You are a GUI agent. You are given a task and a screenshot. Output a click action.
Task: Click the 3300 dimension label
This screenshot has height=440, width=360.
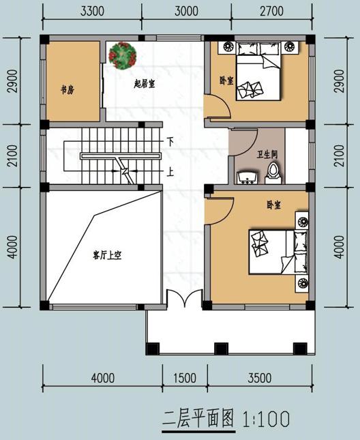[x=92, y=12]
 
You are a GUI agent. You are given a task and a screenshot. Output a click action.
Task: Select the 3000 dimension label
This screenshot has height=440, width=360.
[x=185, y=12]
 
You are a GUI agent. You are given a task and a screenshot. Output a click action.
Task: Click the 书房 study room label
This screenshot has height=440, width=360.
[x=67, y=90]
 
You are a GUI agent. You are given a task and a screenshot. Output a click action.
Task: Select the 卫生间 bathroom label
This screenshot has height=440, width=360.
[x=266, y=155]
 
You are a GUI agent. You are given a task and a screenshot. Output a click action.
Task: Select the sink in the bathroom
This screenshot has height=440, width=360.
[x=247, y=177]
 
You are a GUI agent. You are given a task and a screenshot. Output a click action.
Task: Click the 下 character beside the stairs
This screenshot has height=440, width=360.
[x=170, y=141]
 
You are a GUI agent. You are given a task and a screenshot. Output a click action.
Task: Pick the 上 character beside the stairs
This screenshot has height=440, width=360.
[x=170, y=171]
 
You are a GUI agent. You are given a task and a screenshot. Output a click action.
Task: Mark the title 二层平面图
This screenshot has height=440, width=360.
[x=199, y=417]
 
